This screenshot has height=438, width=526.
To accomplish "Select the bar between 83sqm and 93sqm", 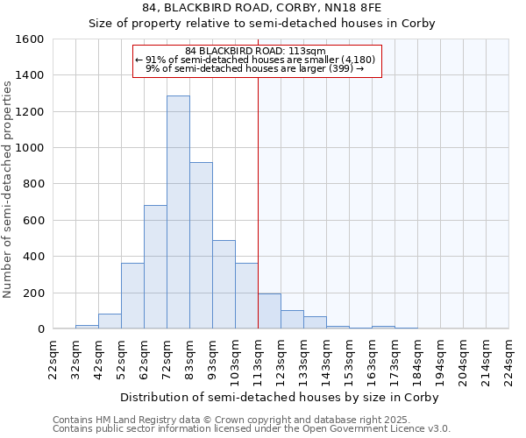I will pyautogui.click(x=201, y=245).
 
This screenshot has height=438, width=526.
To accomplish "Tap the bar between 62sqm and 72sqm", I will pyautogui.click(x=155, y=267).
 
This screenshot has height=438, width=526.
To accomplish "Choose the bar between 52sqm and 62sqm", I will pyautogui.click(x=132, y=296).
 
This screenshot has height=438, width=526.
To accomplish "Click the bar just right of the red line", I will pyautogui.click(x=269, y=311).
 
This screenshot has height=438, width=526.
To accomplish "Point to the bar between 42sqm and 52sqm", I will pyautogui.click(x=110, y=321).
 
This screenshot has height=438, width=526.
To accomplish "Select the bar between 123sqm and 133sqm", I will pyautogui.click(x=292, y=320).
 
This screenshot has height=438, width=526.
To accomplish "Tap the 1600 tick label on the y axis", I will pyautogui.click(x=30, y=39).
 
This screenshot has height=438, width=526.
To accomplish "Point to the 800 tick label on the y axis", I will pyautogui.click(x=33, y=184).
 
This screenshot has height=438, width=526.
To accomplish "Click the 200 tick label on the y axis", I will pyautogui.click(x=33, y=293).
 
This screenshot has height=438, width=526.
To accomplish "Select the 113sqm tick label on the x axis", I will pyautogui.click(x=258, y=357).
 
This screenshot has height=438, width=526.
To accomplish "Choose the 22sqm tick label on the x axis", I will pyautogui.click(x=53, y=357).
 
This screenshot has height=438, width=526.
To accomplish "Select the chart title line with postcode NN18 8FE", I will pyautogui.click(x=262, y=7).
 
